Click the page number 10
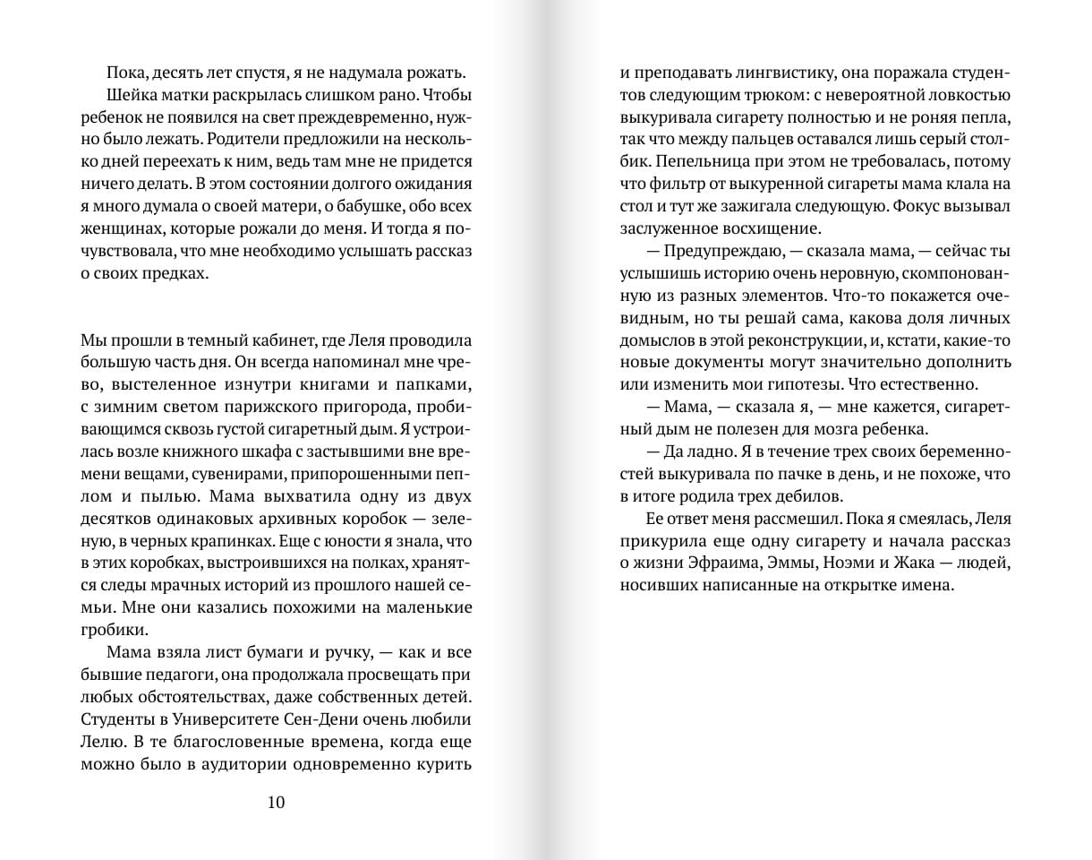pyautogui.click(x=276, y=802)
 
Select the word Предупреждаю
pyautogui.click(x=715, y=251)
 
